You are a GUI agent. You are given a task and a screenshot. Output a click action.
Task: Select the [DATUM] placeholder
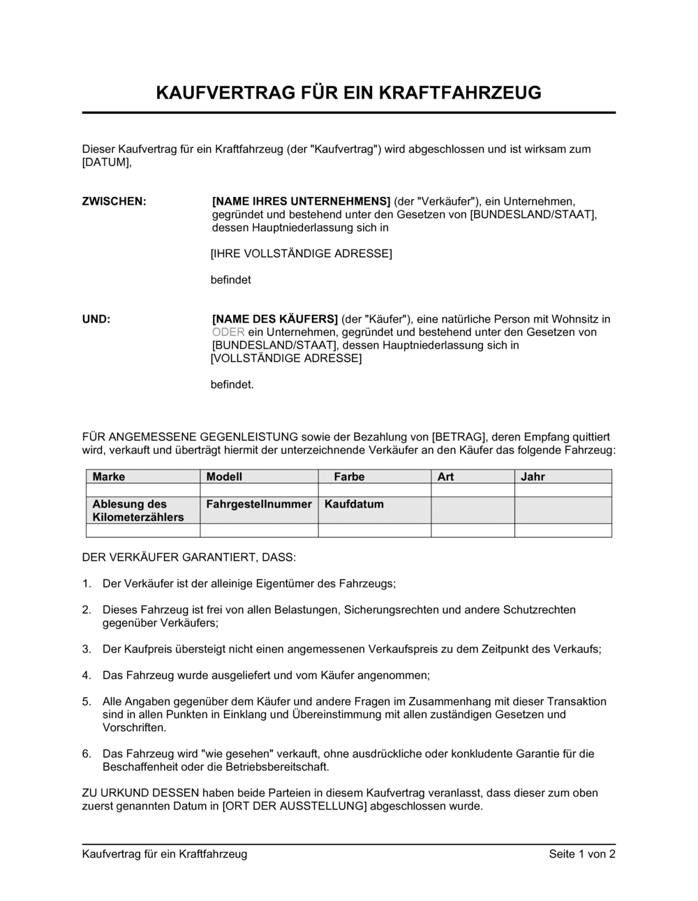pyautogui.click(x=106, y=162)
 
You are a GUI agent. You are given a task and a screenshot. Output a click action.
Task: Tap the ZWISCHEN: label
pyautogui.click(x=114, y=201)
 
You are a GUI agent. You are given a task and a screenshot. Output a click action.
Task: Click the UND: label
pyautogui.click(x=96, y=319)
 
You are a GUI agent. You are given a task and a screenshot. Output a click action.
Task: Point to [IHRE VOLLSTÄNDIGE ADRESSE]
pyautogui.click(x=302, y=254)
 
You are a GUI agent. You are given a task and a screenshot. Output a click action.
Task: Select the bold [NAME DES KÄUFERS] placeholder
pyautogui.click(x=275, y=319)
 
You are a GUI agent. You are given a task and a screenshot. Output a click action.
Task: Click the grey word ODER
pyautogui.click(x=228, y=332)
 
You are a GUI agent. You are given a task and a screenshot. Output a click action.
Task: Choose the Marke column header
pyautogui.click(x=109, y=476)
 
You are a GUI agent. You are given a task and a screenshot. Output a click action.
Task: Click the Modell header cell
pyautogui.click(x=225, y=476)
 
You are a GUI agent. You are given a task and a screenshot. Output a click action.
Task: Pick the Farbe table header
pyautogui.click(x=349, y=476)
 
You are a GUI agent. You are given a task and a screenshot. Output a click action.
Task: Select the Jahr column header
pyautogui.click(x=533, y=476)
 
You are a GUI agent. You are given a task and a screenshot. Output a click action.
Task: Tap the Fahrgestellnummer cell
pyautogui.click(x=259, y=504)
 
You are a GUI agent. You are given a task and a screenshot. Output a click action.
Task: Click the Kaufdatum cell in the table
pyautogui.click(x=354, y=504)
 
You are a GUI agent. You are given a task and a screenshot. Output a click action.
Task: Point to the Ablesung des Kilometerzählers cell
pyautogui.click(x=138, y=511)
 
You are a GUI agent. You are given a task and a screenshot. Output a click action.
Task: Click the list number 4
pyautogui.click(x=87, y=675)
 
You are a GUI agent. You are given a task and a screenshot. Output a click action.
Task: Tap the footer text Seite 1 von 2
pyautogui.click(x=582, y=854)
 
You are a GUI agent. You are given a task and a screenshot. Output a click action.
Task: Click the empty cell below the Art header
pyautogui.click(x=473, y=490)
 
